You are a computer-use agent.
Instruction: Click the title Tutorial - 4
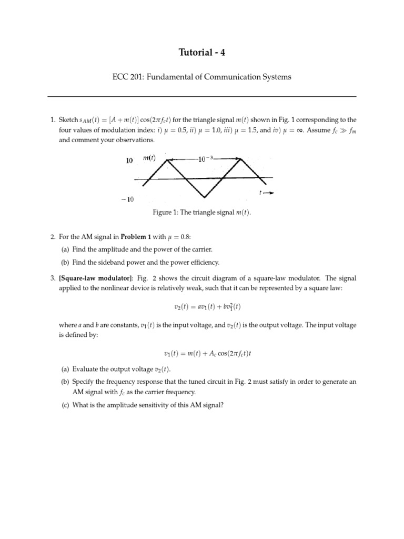[x=202, y=52]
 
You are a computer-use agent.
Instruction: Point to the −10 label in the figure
[x=128, y=200]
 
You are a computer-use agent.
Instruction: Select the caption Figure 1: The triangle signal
[x=202, y=212]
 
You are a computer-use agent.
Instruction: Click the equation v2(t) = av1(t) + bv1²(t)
[x=202, y=306]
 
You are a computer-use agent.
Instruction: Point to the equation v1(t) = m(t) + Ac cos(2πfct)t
[x=202, y=353]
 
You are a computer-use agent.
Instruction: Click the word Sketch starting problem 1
[x=68, y=119]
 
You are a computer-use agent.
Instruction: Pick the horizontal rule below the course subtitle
[x=202, y=97]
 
